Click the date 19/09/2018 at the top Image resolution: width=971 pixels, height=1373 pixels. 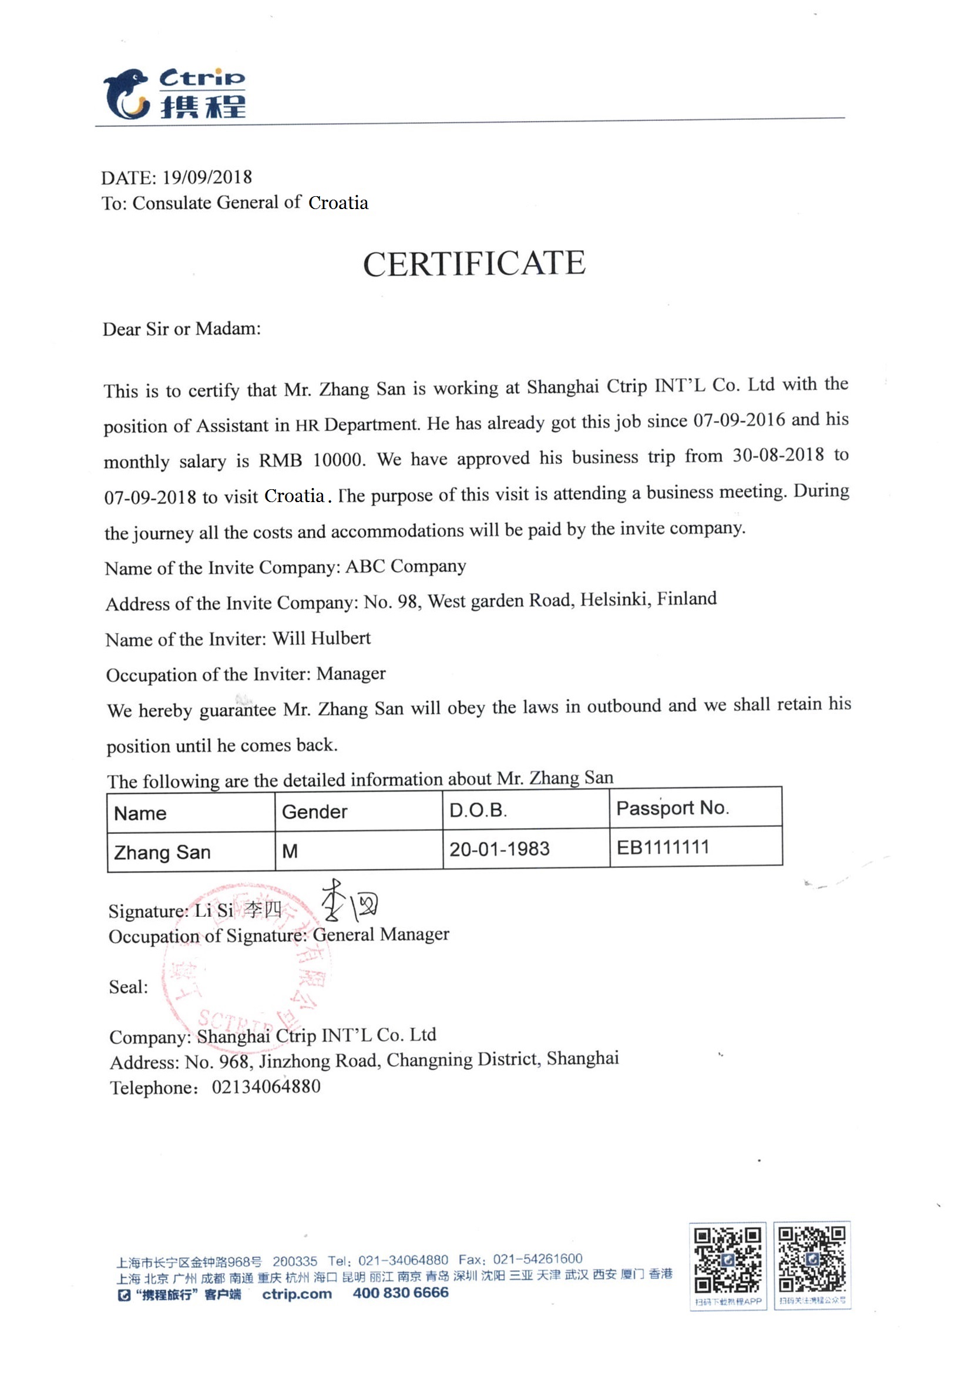(x=207, y=177)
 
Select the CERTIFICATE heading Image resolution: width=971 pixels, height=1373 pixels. (x=474, y=264)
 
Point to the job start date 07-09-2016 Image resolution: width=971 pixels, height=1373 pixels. (x=739, y=420)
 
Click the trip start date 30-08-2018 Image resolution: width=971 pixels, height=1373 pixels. (x=778, y=456)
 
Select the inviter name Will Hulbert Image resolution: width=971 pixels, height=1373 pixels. (x=321, y=638)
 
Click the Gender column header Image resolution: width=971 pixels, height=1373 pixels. (x=315, y=812)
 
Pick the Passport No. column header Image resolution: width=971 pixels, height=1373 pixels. (x=673, y=808)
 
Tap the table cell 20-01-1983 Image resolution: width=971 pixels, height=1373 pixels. (x=499, y=849)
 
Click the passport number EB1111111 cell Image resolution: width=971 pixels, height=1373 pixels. (x=663, y=847)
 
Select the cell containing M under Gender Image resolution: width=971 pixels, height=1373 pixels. (x=290, y=851)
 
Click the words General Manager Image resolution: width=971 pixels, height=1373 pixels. (x=381, y=934)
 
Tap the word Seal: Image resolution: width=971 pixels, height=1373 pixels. (x=128, y=987)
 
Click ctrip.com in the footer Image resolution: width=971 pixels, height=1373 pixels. (x=297, y=1294)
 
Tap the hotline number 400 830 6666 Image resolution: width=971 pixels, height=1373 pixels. (x=400, y=1293)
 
